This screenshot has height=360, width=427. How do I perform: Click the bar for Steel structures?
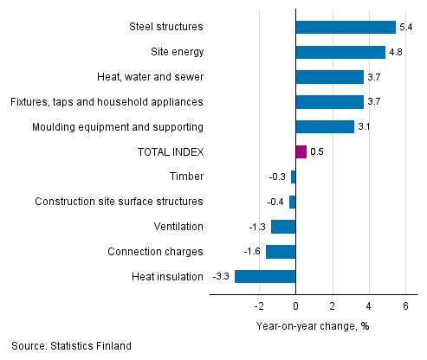[x=346, y=28]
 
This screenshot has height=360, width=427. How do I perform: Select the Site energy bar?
[x=340, y=52]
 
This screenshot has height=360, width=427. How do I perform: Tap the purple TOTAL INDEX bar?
[x=301, y=152]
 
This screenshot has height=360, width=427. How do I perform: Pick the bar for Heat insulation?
[x=265, y=277]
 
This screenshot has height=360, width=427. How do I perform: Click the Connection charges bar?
[x=281, y=252]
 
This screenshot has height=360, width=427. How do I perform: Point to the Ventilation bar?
[x=283, y=227]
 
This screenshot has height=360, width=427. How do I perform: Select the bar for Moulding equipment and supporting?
[x=324, y=127]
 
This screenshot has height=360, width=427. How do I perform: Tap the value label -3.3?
[x=221, y=277]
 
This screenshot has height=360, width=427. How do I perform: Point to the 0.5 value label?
[x=317, y=152]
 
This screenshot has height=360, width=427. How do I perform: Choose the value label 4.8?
[x=396, y=52]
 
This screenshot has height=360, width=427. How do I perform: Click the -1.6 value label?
[x=252, y=252]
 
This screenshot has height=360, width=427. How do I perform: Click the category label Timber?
[x=186, y=177]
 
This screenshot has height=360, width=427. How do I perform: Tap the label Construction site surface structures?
[x=119, y=202]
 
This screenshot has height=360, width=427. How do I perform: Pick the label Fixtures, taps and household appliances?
[x=107, y=102]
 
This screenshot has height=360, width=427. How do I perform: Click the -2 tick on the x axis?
[x=257, y=306]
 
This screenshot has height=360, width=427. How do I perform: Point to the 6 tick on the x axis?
[x=405, y=306]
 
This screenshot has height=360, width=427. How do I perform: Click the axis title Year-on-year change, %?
[x=313, y=326]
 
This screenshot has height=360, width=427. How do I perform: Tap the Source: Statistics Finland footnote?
[x=72, y=346]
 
